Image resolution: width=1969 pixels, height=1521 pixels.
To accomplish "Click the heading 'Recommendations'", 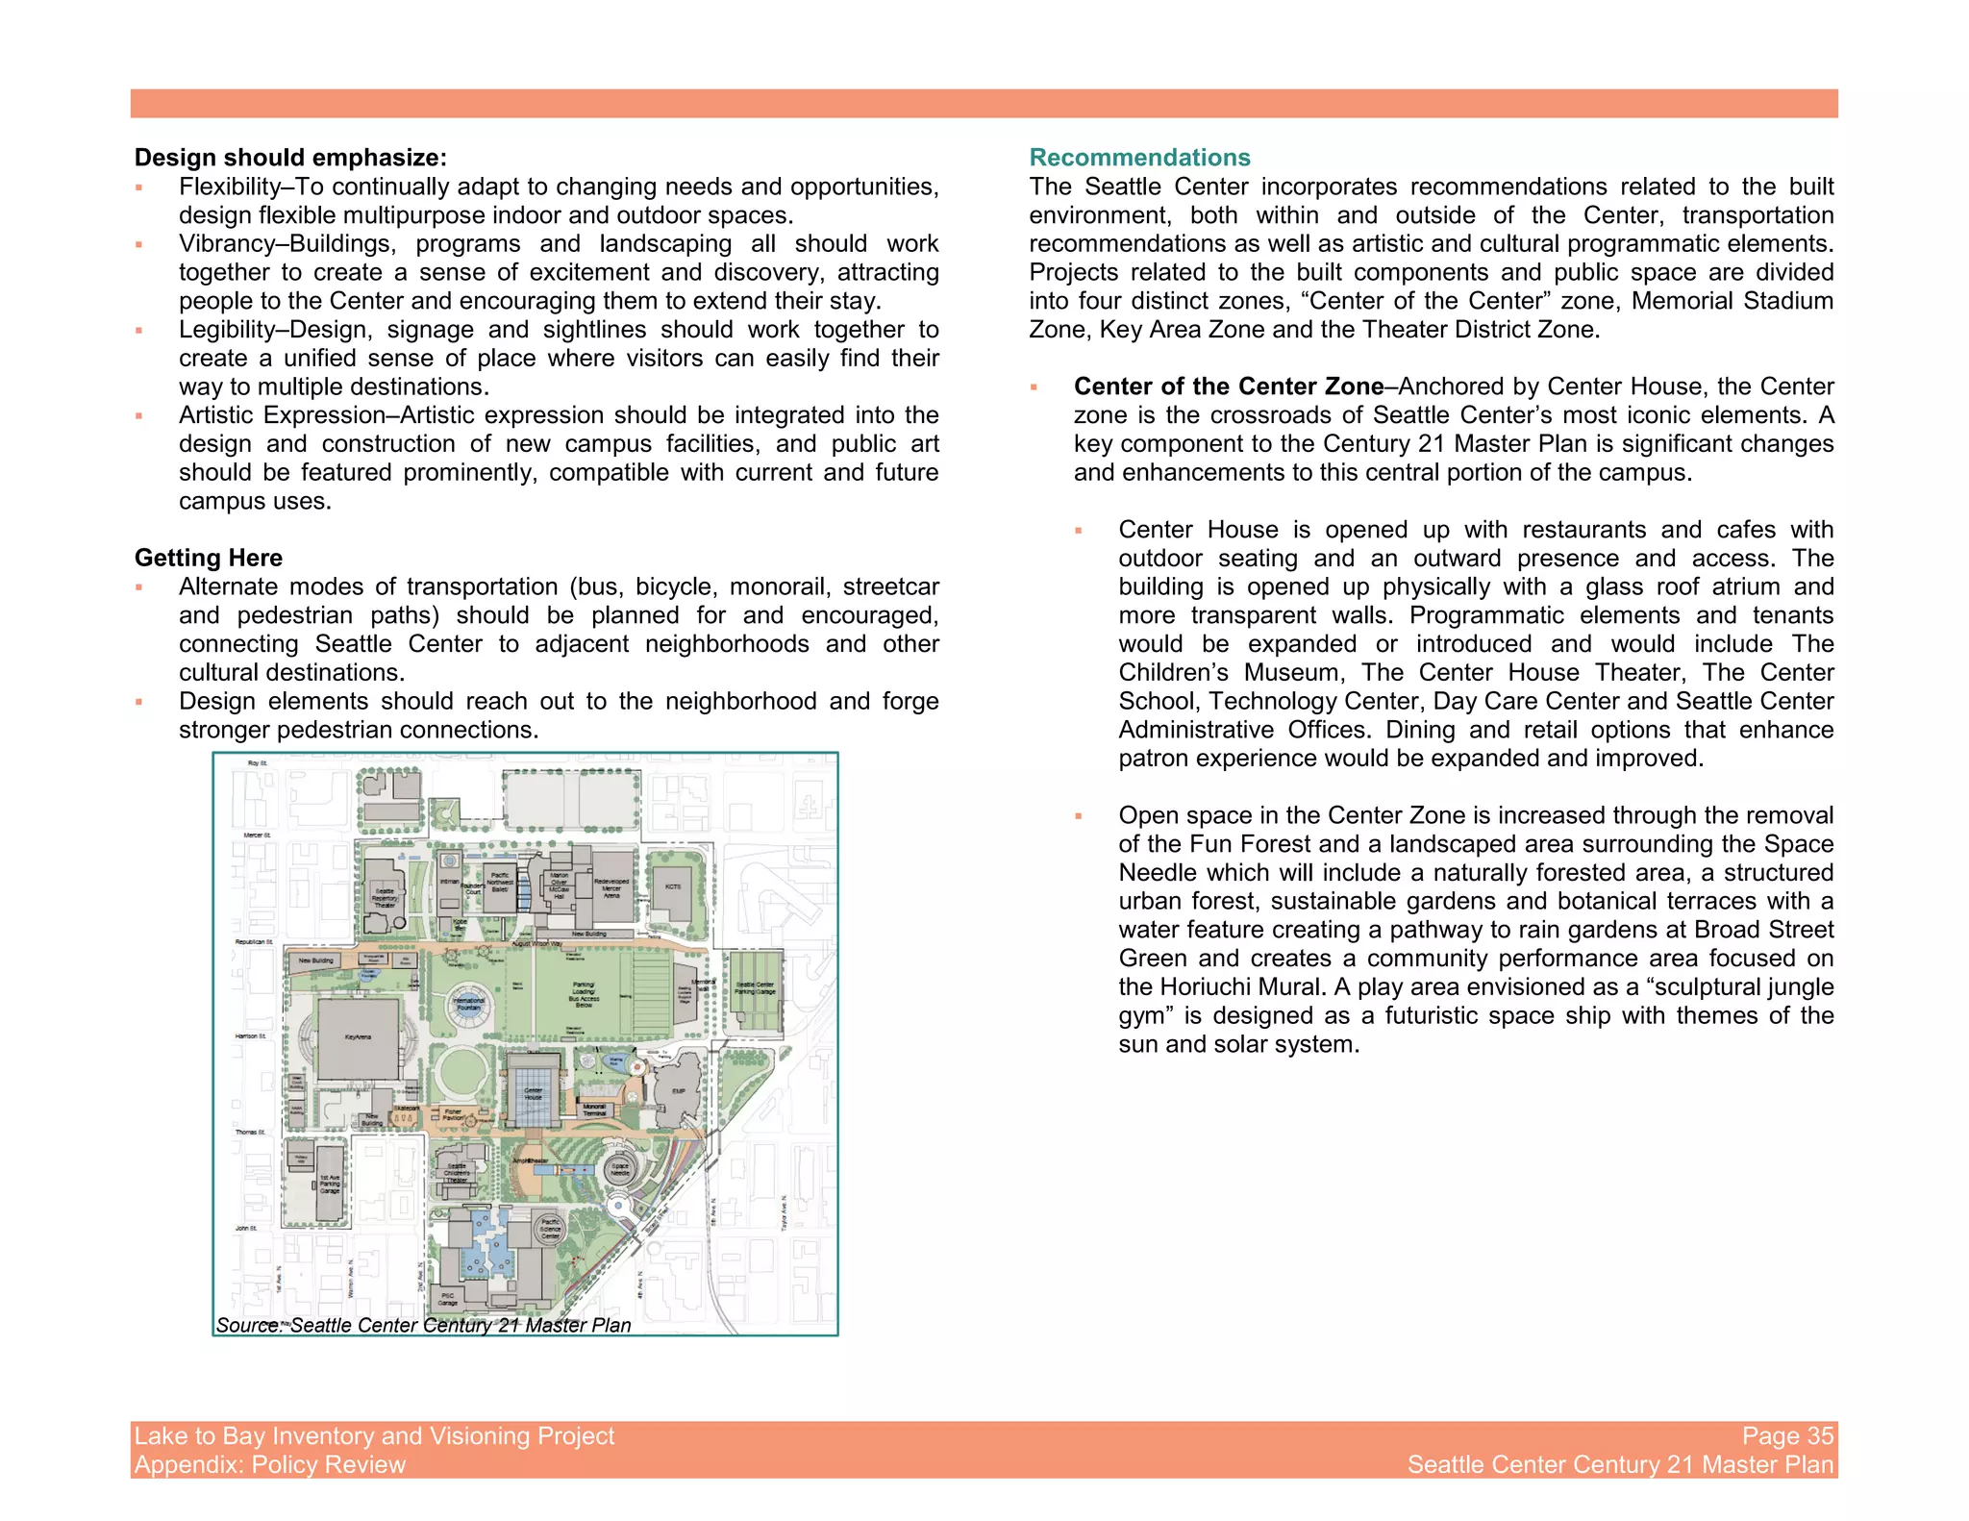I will tap(1139, 158).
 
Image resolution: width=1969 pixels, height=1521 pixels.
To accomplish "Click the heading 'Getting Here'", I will tap(209, 558).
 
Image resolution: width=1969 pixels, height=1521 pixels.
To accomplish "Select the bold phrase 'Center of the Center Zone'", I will tap(1228, 386).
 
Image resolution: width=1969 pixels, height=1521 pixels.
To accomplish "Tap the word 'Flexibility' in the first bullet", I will tap(228, 187).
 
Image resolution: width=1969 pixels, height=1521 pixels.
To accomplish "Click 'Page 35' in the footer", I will tap(1787, 1435).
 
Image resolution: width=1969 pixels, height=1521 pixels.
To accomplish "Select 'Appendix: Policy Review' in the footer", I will tap(270, 1464).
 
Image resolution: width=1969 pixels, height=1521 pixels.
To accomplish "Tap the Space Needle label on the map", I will tap(620, 1170).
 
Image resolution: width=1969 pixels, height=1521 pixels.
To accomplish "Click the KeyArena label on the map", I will tap(358, 1036).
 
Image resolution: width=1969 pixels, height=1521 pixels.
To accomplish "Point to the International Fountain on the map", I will tap(468, 1006).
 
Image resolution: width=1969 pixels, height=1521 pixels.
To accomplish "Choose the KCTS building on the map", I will tap(673, 886).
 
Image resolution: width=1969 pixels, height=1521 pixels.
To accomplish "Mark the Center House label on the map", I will tap(533, 1094).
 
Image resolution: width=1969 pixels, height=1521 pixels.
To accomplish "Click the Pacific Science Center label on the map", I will tap(550, 1230).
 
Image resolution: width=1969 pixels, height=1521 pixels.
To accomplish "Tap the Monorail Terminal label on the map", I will tap(594, 1110).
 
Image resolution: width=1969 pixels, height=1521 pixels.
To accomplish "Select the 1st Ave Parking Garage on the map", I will tap(330, 1184).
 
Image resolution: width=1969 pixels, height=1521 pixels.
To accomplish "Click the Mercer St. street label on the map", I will tap(258, 835).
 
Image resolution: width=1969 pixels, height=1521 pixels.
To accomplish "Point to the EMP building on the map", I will tap(679, 1091).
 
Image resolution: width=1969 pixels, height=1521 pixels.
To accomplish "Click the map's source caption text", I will tap(424, 1325).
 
